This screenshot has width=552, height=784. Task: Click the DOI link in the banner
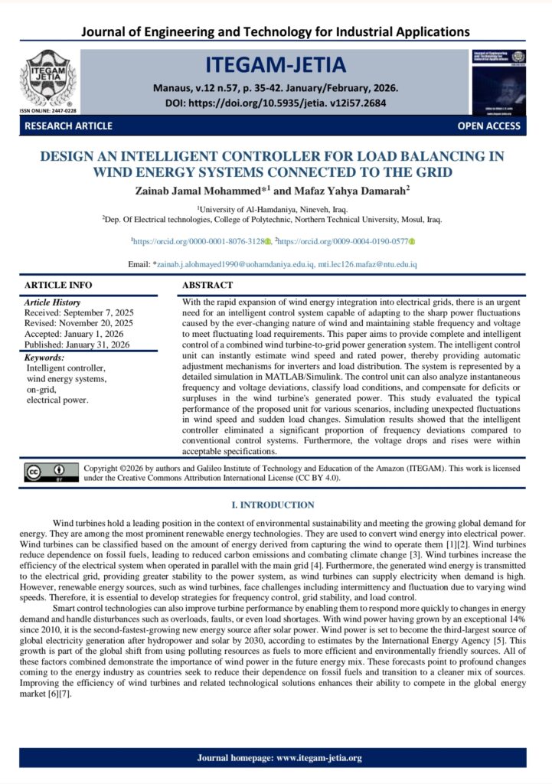(276, 103)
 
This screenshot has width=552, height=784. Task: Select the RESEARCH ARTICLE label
(68, 126)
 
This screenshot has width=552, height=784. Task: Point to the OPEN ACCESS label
(488, 126)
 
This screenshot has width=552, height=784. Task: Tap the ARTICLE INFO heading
(58, 285)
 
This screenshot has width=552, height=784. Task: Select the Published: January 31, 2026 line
(77, 345)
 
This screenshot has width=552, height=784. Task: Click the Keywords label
(44, 358)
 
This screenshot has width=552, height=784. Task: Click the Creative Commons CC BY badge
(51, 472)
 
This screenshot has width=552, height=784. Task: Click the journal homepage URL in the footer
(317, 758)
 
